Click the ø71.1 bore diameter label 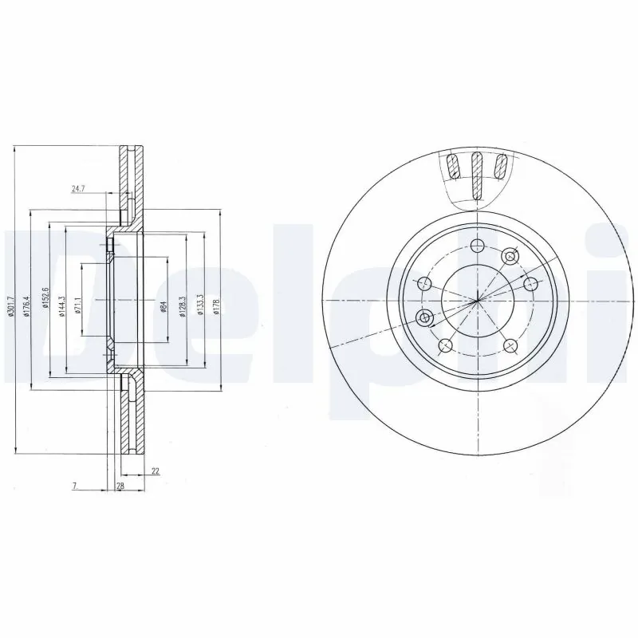coord(78,304)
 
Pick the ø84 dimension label coord(163,304)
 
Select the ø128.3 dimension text coord(183,304)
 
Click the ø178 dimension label coord(216,304)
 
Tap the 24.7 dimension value coord(77,189)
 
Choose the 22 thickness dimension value coord(156,471)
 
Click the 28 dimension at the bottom coord(120,486)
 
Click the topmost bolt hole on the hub coord(477,246)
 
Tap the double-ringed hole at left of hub coord(425,318)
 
